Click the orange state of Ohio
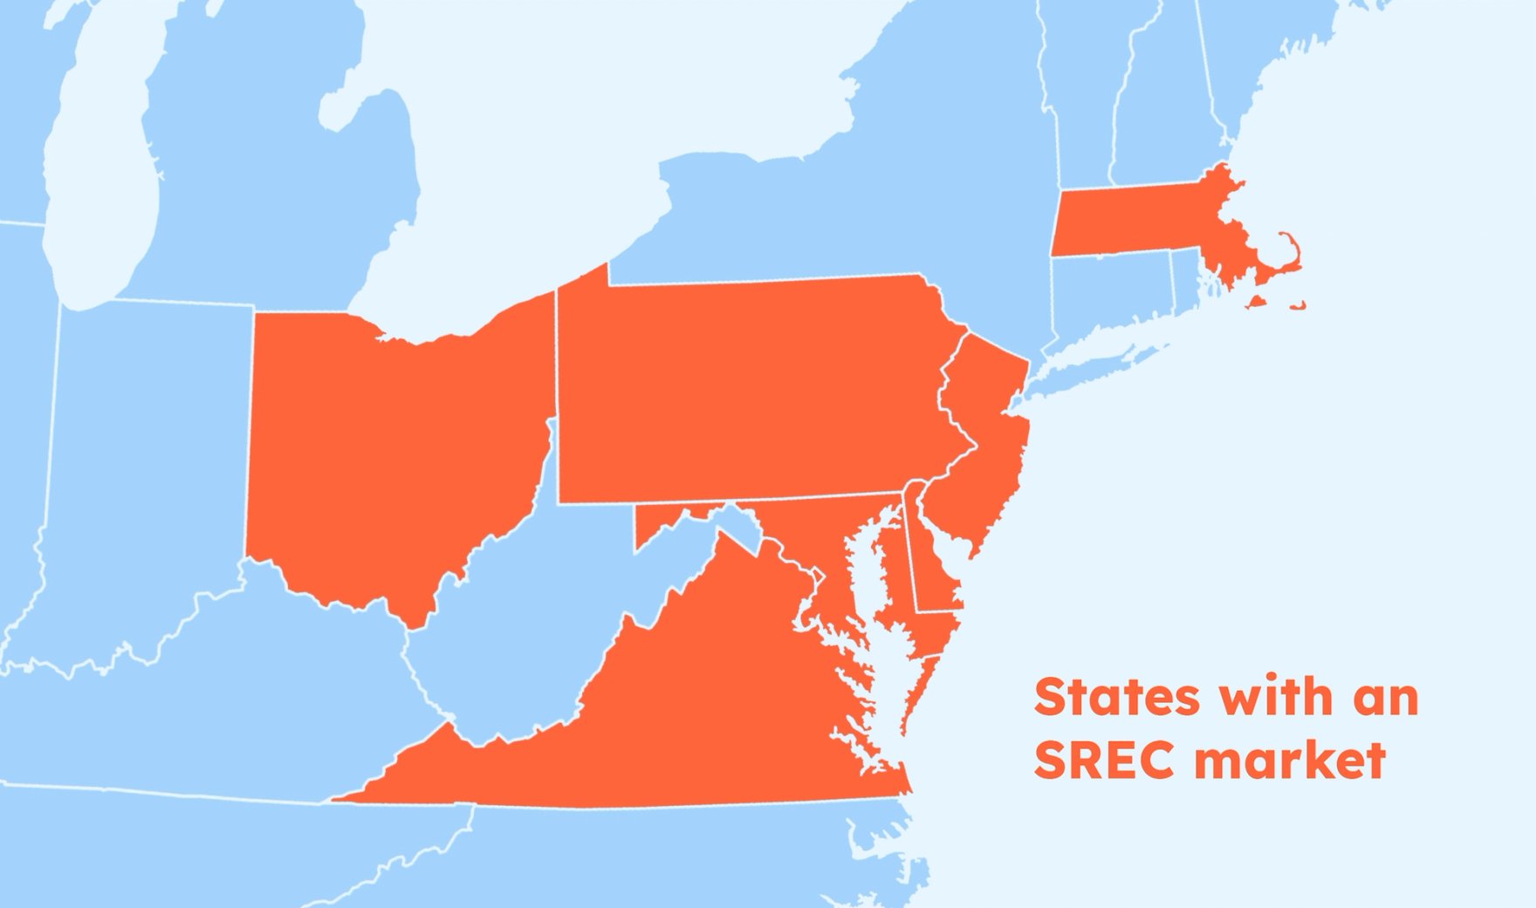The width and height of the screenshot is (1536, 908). tap(393, 454)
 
